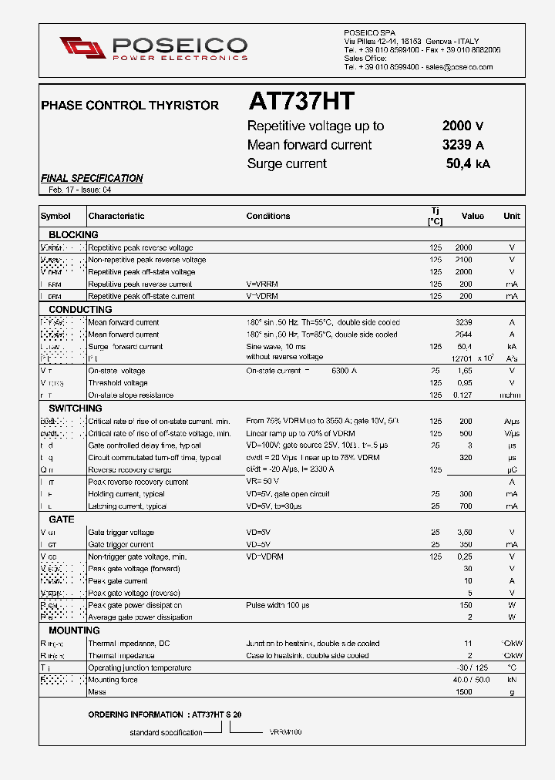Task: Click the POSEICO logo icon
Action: point(82,47)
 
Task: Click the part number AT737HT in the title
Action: point(301,102)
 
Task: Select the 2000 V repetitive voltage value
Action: point(462,126)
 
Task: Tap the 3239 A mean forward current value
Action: point(462,145)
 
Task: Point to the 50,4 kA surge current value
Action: point(467,163)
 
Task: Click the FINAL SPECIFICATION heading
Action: point(92,178)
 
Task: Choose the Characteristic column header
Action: point(116,217)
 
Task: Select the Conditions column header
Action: point(268,217)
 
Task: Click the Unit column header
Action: point(512,217)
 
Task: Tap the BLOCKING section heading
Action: point(73,234)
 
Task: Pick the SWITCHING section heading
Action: point(76,408)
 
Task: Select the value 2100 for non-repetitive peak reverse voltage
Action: point(463,260)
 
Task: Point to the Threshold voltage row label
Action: point(118,383)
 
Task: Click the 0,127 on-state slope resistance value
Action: point(462,395)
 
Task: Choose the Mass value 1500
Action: point(462,692)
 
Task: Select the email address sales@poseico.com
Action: point(459,68)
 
